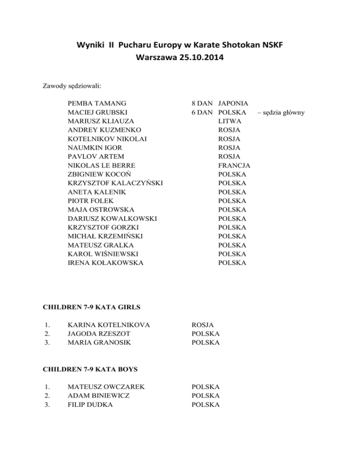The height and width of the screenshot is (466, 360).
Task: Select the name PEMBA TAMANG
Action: [97, 103]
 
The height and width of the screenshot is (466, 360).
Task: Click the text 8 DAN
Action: [202, 103]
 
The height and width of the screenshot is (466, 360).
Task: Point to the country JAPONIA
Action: [233, 103]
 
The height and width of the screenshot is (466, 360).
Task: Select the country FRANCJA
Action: [234, 165]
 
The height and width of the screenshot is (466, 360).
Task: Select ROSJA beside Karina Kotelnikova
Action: [203, 324]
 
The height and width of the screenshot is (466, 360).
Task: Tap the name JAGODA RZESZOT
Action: [99, 333]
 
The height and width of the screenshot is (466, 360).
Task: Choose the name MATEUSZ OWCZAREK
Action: [105, 387]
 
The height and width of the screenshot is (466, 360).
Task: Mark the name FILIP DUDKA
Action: [90, 405]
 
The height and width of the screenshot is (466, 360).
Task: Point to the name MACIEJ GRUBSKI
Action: [97, 112]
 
